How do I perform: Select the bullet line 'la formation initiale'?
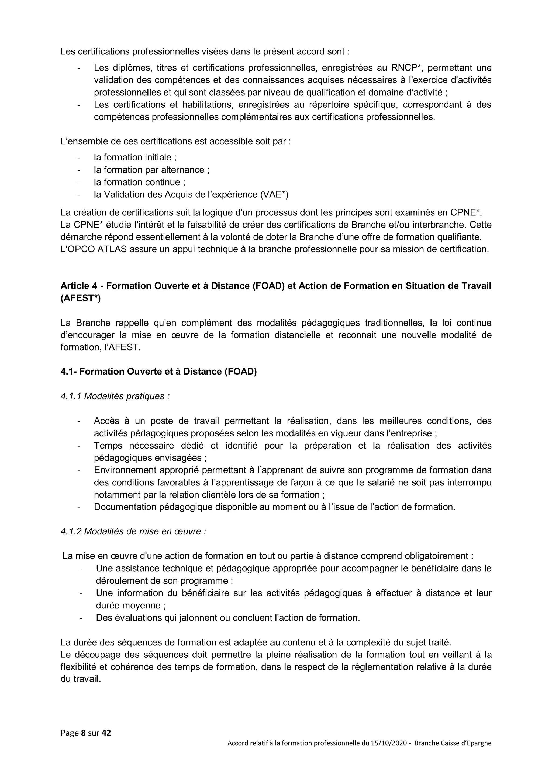click(135, 157)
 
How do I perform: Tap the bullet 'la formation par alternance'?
click(151, 170)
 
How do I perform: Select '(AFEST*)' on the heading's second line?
click(81, 298)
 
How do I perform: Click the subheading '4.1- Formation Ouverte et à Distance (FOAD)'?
click(158, 371)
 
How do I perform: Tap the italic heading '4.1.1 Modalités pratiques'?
click(115, 396)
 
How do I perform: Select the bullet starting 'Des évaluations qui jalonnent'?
click(227, 618)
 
